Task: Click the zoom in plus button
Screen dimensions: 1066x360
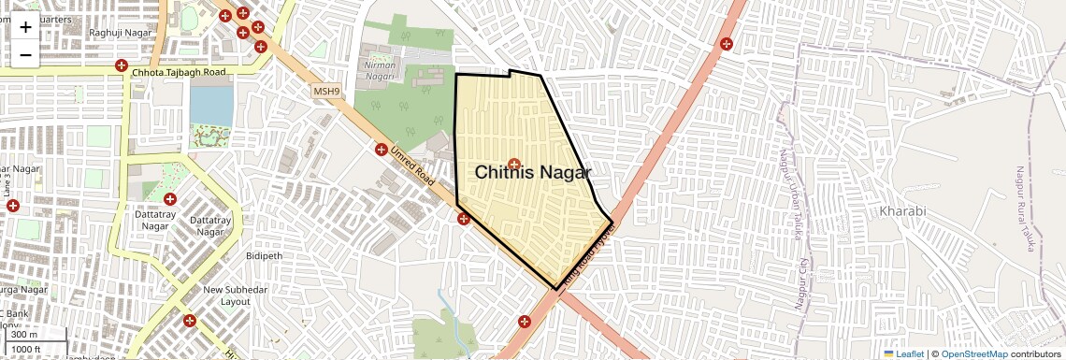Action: (x=25, y=26)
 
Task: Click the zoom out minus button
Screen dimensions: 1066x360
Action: (x=25, y=54)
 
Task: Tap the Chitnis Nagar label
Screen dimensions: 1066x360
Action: (x=533, y=173)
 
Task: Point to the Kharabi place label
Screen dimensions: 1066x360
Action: (x=902, y=211)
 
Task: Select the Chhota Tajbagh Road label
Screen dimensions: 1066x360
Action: (x=180, y=72)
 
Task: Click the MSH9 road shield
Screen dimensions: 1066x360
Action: (x=325, y=91)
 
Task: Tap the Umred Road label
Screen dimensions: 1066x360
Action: (x=413, y=165)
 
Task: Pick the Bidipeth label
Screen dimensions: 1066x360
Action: (x=264, y=255)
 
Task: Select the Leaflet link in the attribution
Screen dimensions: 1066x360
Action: (x=903, y=353)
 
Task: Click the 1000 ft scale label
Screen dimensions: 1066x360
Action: (x=27, y=349)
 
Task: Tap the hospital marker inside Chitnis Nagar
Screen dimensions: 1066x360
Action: (x=513, y=165)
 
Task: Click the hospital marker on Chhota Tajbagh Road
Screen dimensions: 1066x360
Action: (x=121, y=65)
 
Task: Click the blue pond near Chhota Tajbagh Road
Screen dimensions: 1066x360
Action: (x=210, y=100)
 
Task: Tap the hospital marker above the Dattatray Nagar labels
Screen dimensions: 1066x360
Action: (x=169, y=199)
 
